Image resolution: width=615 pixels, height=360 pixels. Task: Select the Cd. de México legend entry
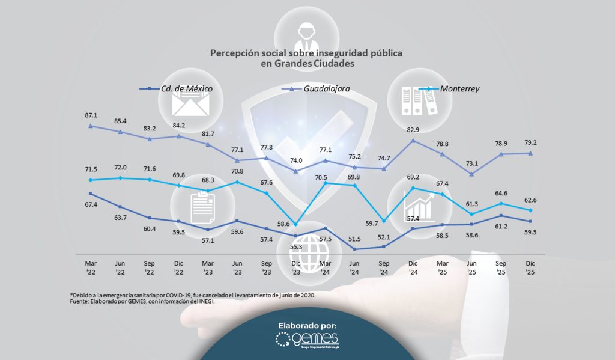point(186,89)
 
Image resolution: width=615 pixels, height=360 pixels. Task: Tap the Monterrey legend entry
point(459,89)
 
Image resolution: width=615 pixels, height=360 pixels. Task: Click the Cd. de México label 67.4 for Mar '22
point(91,204)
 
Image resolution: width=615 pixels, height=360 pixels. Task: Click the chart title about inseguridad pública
point(306,58)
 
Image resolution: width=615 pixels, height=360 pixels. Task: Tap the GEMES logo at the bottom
point(307,341)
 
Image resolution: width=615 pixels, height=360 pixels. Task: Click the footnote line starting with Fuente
point(142,301)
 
